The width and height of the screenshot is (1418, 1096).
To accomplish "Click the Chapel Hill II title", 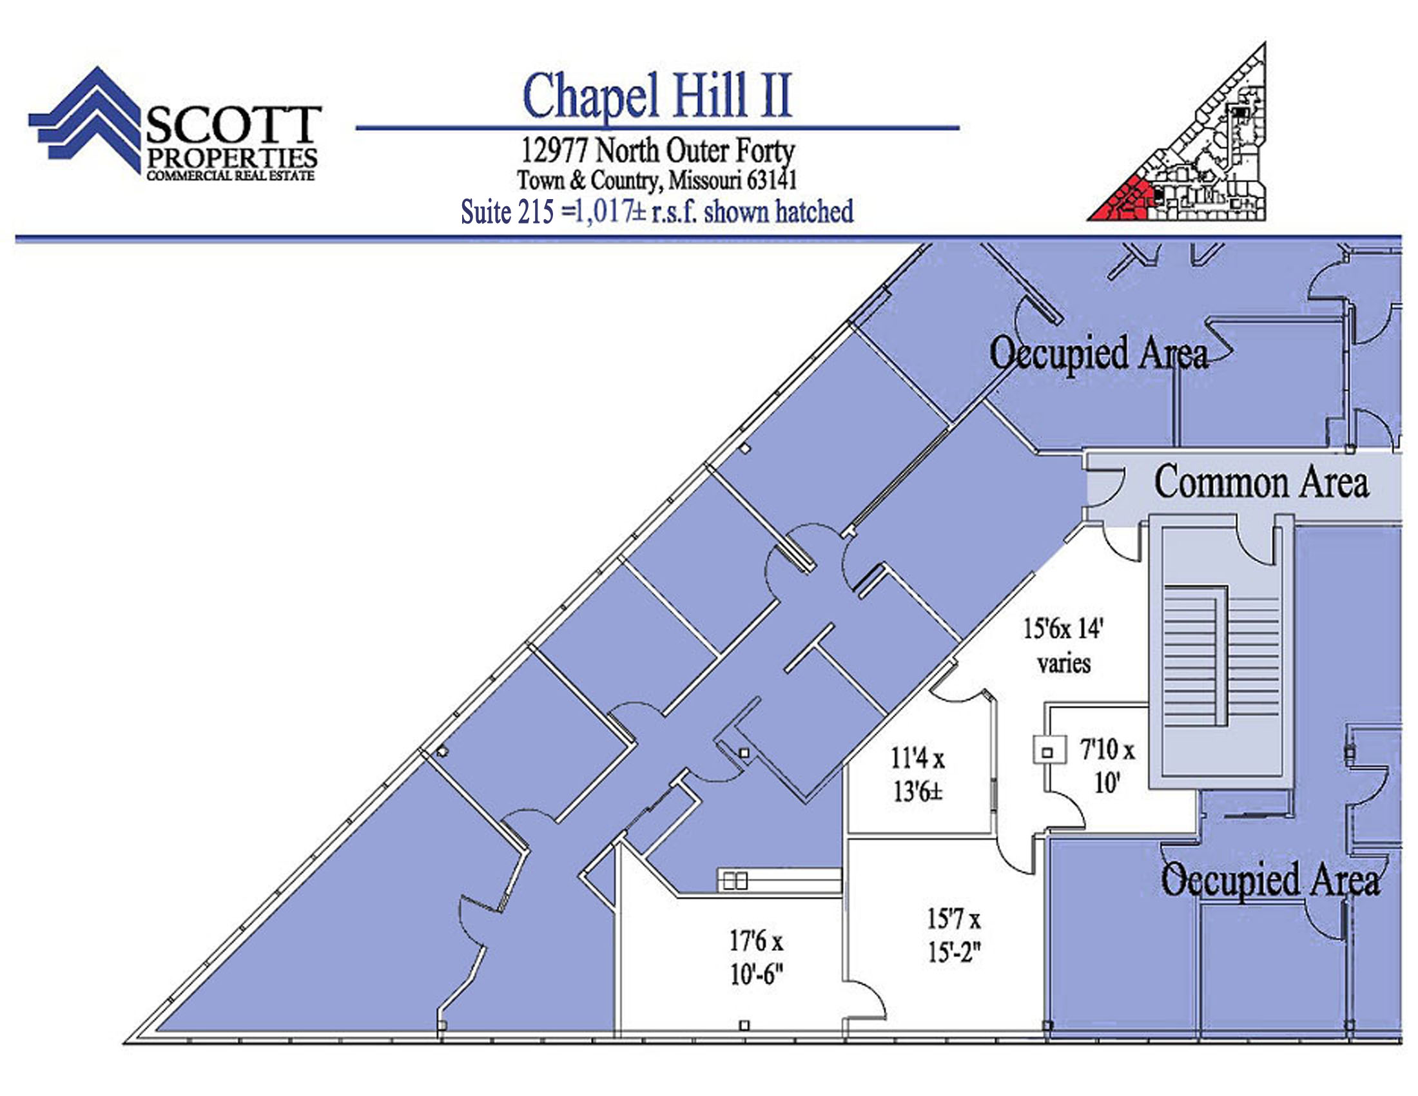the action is pyautogui.click(x=657, y=96).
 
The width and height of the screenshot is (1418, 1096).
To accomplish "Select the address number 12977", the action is pyautogui.click(x=555, y=151).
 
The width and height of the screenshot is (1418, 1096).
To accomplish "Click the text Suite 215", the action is pyautogui.click(x=507, y=211).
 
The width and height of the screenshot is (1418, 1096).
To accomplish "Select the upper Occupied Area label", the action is pyautogui.click(x=1098, y=354).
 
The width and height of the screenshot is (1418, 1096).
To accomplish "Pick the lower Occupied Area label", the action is pyautogui.click(x=1270, y=881).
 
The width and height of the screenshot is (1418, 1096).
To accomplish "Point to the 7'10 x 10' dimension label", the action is pyautogui.click(x=1107, y=766).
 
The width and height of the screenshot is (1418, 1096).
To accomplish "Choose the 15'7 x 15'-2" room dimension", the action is pyautogui.click(x=953, y=936).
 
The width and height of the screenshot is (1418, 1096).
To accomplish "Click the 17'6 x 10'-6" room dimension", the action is pyautogui.click(x=757, y=957).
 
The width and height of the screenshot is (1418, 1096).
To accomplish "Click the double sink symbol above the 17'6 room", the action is pyautogui.click(x=734, y=881).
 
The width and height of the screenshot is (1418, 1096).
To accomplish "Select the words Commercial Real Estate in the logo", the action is pyautogui.click(x=231, y=176).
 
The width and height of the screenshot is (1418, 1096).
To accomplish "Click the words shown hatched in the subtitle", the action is pyautogui.click(x=779, y=211).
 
